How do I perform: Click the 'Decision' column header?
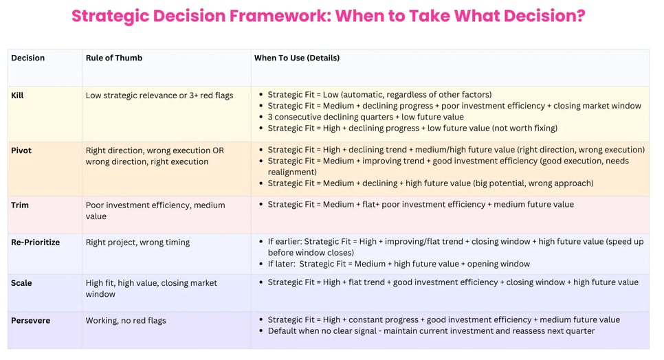27,58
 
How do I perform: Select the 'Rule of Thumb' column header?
113,58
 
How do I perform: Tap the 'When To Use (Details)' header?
297,58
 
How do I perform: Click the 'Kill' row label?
17,95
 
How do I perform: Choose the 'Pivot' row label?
21,150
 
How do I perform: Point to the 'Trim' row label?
20,205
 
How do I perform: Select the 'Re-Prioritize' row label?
36,243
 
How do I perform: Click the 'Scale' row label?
21,283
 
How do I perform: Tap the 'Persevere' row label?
31,320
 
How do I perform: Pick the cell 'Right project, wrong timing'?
137,243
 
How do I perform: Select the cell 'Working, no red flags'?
126,320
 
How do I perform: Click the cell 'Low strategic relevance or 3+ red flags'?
159,95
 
